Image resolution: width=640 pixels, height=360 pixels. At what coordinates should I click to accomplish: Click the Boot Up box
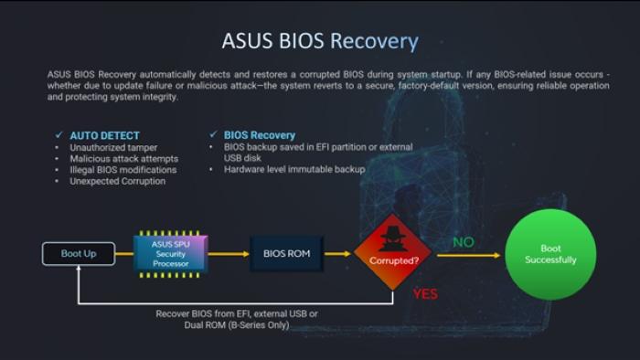79,254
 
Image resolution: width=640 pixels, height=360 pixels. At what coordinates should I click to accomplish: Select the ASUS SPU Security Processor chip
171,254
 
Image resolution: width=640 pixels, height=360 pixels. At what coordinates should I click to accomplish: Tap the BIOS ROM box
286,254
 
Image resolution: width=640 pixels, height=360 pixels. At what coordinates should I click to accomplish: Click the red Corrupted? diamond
392,252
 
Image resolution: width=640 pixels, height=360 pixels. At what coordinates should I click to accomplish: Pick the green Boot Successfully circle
550,254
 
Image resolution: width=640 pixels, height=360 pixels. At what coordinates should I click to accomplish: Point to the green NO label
464,242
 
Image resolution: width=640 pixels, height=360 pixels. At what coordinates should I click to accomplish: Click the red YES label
425,293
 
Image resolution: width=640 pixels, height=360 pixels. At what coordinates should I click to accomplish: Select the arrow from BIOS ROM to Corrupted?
337,254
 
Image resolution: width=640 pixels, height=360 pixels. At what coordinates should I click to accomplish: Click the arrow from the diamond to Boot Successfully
468,256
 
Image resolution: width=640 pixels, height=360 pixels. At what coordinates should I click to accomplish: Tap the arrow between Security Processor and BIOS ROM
229,254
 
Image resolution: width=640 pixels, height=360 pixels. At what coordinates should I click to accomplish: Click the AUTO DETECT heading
104,135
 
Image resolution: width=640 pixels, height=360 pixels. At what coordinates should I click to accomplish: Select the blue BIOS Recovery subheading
260,135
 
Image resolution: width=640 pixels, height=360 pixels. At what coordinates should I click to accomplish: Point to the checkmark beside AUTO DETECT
59,134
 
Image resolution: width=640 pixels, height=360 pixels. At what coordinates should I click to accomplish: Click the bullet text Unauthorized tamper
113,148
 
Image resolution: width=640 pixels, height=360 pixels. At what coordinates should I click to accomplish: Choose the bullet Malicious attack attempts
124,159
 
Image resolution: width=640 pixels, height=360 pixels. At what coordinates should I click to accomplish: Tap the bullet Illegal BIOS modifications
123,170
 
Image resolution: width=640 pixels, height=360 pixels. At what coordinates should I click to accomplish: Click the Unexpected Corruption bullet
118,181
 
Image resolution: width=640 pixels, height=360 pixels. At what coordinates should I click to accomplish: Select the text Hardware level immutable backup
294,169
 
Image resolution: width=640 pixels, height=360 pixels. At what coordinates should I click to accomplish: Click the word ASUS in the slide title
248,41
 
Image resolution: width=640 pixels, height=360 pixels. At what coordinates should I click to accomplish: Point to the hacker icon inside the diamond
392,238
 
